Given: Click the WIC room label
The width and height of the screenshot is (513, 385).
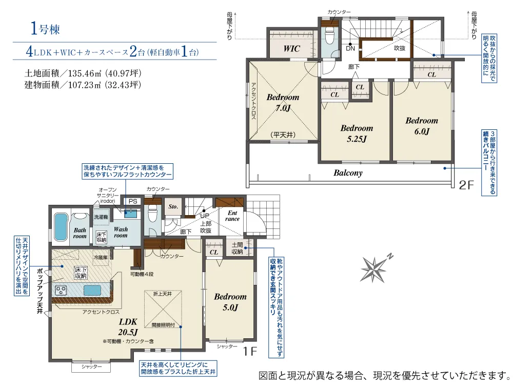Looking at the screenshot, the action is pyautogui.click(x=291, y=48).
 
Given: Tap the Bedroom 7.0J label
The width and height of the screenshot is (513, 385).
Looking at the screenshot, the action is pyautogui.click(x=283, y=102).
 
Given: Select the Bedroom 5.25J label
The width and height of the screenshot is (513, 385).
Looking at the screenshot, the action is pyautogui.click(x=357, y=133).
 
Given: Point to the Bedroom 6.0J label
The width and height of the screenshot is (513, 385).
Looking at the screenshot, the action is pyautogui.click(x=422, y=126).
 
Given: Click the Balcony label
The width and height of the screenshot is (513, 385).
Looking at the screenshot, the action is pyautogui.click(x=348, y=173).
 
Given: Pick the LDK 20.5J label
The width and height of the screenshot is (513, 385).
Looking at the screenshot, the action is pyautogui.click(x=128, y=326).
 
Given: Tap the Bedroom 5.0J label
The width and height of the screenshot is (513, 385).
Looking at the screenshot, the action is pyautogui.click(x=230, y=302).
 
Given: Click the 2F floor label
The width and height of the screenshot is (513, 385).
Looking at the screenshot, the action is pyautogui.click(x=466, y=185).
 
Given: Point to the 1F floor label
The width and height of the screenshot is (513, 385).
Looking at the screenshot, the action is pyautogui.click(x=250, y=351).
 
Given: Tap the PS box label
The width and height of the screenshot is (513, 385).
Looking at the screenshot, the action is pyautogui.click(x=133, y=201).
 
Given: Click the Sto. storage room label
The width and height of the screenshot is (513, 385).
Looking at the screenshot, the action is pyautogui.click(x=173, y=206).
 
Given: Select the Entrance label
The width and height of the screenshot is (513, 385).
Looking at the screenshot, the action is pyautogui.click(x=232, y=216).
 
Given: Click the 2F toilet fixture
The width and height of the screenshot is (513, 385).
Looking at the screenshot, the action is pyautogui.click(x=329, y=33).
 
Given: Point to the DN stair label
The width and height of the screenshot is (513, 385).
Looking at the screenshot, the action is pyautogui.click(x=350, y=48).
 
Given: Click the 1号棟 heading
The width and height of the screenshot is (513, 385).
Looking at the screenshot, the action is pyautogui.click(x=45, y=28).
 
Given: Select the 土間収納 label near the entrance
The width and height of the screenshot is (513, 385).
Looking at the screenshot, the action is pyautogui.click(x=237, y=248).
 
